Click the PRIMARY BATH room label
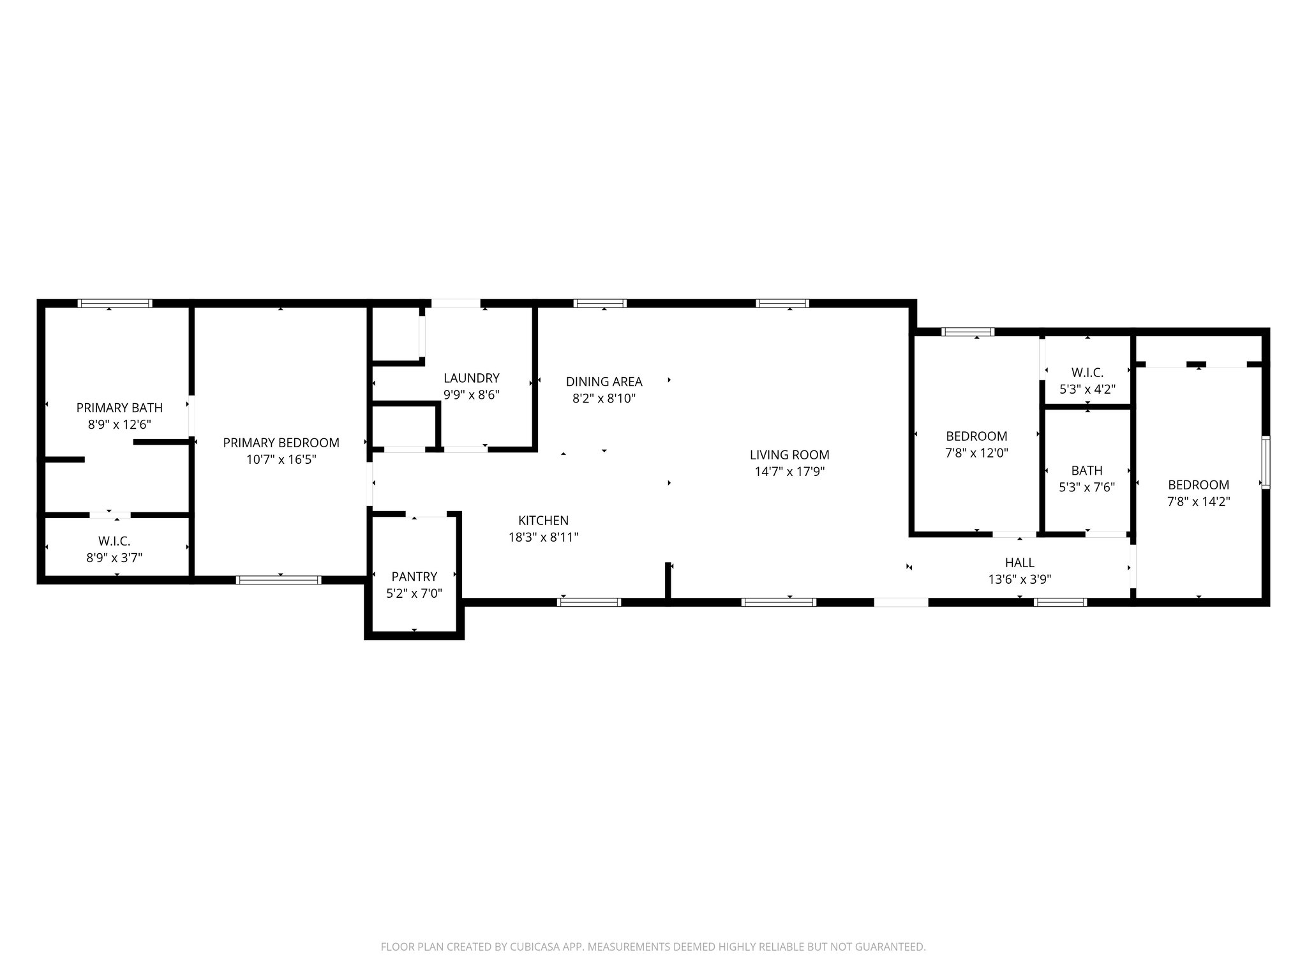pos(119,408)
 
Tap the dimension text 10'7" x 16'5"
pos(281,459)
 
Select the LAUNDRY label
pos(471,378)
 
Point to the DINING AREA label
pos(604,382)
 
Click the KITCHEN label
pos(543,521)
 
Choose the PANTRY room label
pos(414,577)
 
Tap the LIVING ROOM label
pos(789,455)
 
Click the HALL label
pos(1019,563)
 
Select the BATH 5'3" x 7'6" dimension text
pos(1086,487)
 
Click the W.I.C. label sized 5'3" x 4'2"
pos(1087,373)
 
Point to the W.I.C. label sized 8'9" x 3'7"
pos(114,542)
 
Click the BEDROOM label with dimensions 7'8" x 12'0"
pos(976,436)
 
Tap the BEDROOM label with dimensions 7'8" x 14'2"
pos(1198,485)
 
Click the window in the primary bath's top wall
pos(115,304)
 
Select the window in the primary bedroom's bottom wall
pos(278,580)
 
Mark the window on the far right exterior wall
pos(1266,463)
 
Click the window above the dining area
pos(600,304)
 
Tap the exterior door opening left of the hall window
pos(900,602)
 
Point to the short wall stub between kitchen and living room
pos(668,581)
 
